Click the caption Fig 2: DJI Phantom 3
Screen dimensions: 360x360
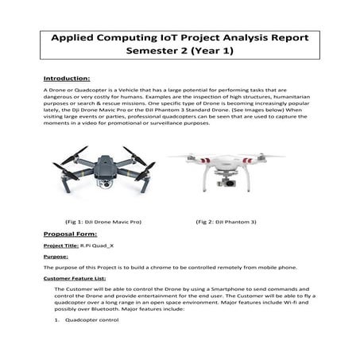coord(230,222)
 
